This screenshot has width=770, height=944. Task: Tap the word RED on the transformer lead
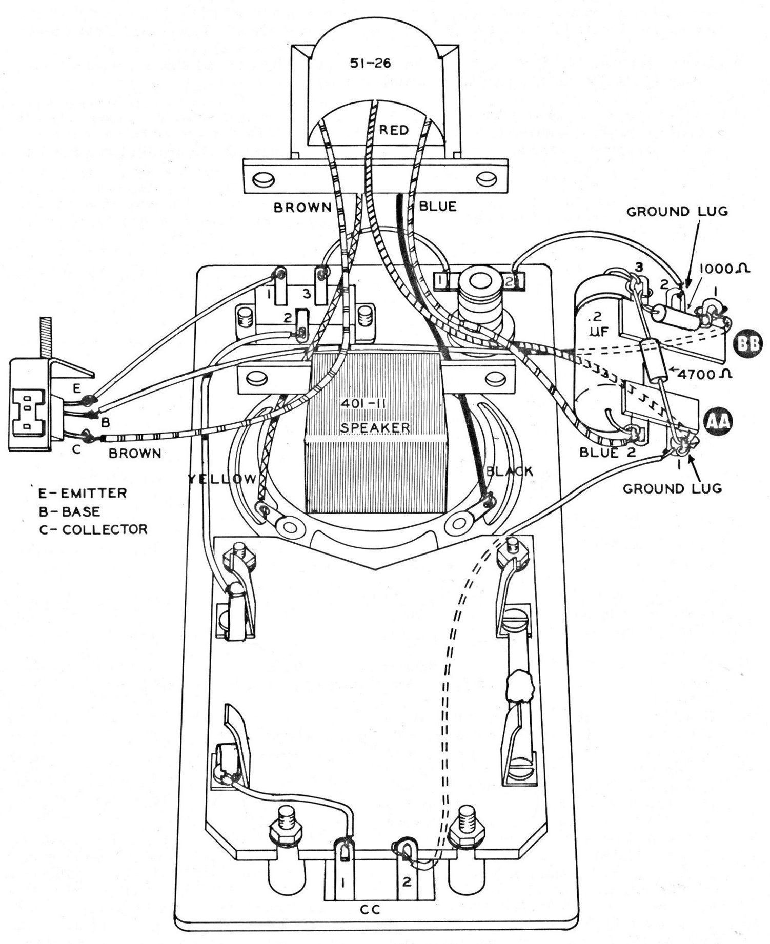click(x=394, y=130)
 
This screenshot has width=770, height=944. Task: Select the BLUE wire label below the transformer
click(x=437, y=207)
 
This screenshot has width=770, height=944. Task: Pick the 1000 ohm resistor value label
click(x=722, y=268)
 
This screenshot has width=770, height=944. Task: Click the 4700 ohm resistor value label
click(x=704, y=374)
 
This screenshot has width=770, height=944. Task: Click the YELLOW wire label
click(x=222, y=479)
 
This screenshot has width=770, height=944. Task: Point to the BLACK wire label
click(x=510, y=471)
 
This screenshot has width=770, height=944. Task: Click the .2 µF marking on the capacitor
click(x=598, y=325)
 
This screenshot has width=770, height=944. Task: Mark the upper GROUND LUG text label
click(x=677, y=211)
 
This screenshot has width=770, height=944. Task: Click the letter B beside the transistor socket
click(x=105, y=423)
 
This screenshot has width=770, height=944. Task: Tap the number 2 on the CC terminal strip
click(x=407, y=882)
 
